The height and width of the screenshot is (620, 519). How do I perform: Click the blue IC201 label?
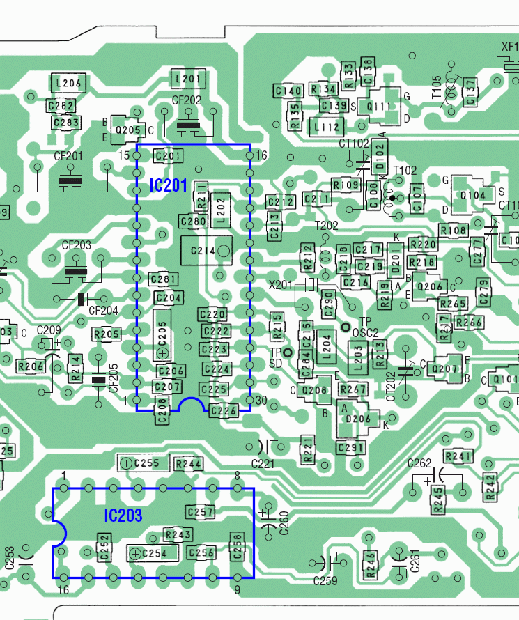click(x=168, y=185)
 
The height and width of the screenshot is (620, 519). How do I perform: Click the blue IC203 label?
click(x=123, y=516)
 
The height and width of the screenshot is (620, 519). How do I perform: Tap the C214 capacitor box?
click(x=206, y=250)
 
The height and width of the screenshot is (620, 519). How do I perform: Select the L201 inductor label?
click(x=189, y=79)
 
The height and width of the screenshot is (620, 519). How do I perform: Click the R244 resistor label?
click(x=189, y=464)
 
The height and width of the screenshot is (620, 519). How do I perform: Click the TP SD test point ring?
click(x=287, y=353)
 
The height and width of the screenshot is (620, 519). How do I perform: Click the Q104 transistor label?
click(x=473, y=196)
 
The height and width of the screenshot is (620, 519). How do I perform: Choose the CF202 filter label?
click(x=186, y=100)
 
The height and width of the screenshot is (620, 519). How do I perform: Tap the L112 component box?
click(x=327, y=127)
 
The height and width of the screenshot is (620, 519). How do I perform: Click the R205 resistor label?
click(x=107, y=334)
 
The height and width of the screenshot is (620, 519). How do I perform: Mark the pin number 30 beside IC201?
click(x=262, y=400)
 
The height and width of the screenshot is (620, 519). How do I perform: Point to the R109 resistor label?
click(x=346, y=185)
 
